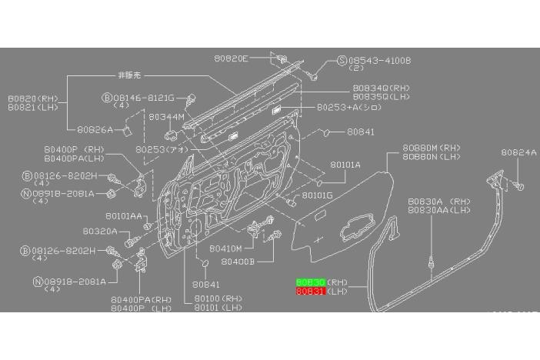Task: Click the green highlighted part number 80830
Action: [x=310, y=283]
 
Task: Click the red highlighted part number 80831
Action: [x=310, y=292]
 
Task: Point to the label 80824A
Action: [x=518, y=153]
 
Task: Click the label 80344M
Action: [x=166, y=117]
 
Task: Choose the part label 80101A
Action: [x=345, y=165]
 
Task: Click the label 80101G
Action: [x=318, y=195]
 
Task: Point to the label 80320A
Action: [x=101, y=230]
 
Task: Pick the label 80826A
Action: [x=95, y=129]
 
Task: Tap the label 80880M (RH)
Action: [x=430, y=147]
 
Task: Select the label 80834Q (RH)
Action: [x=382, y=88]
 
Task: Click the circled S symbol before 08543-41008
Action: [x=342, y=60]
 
